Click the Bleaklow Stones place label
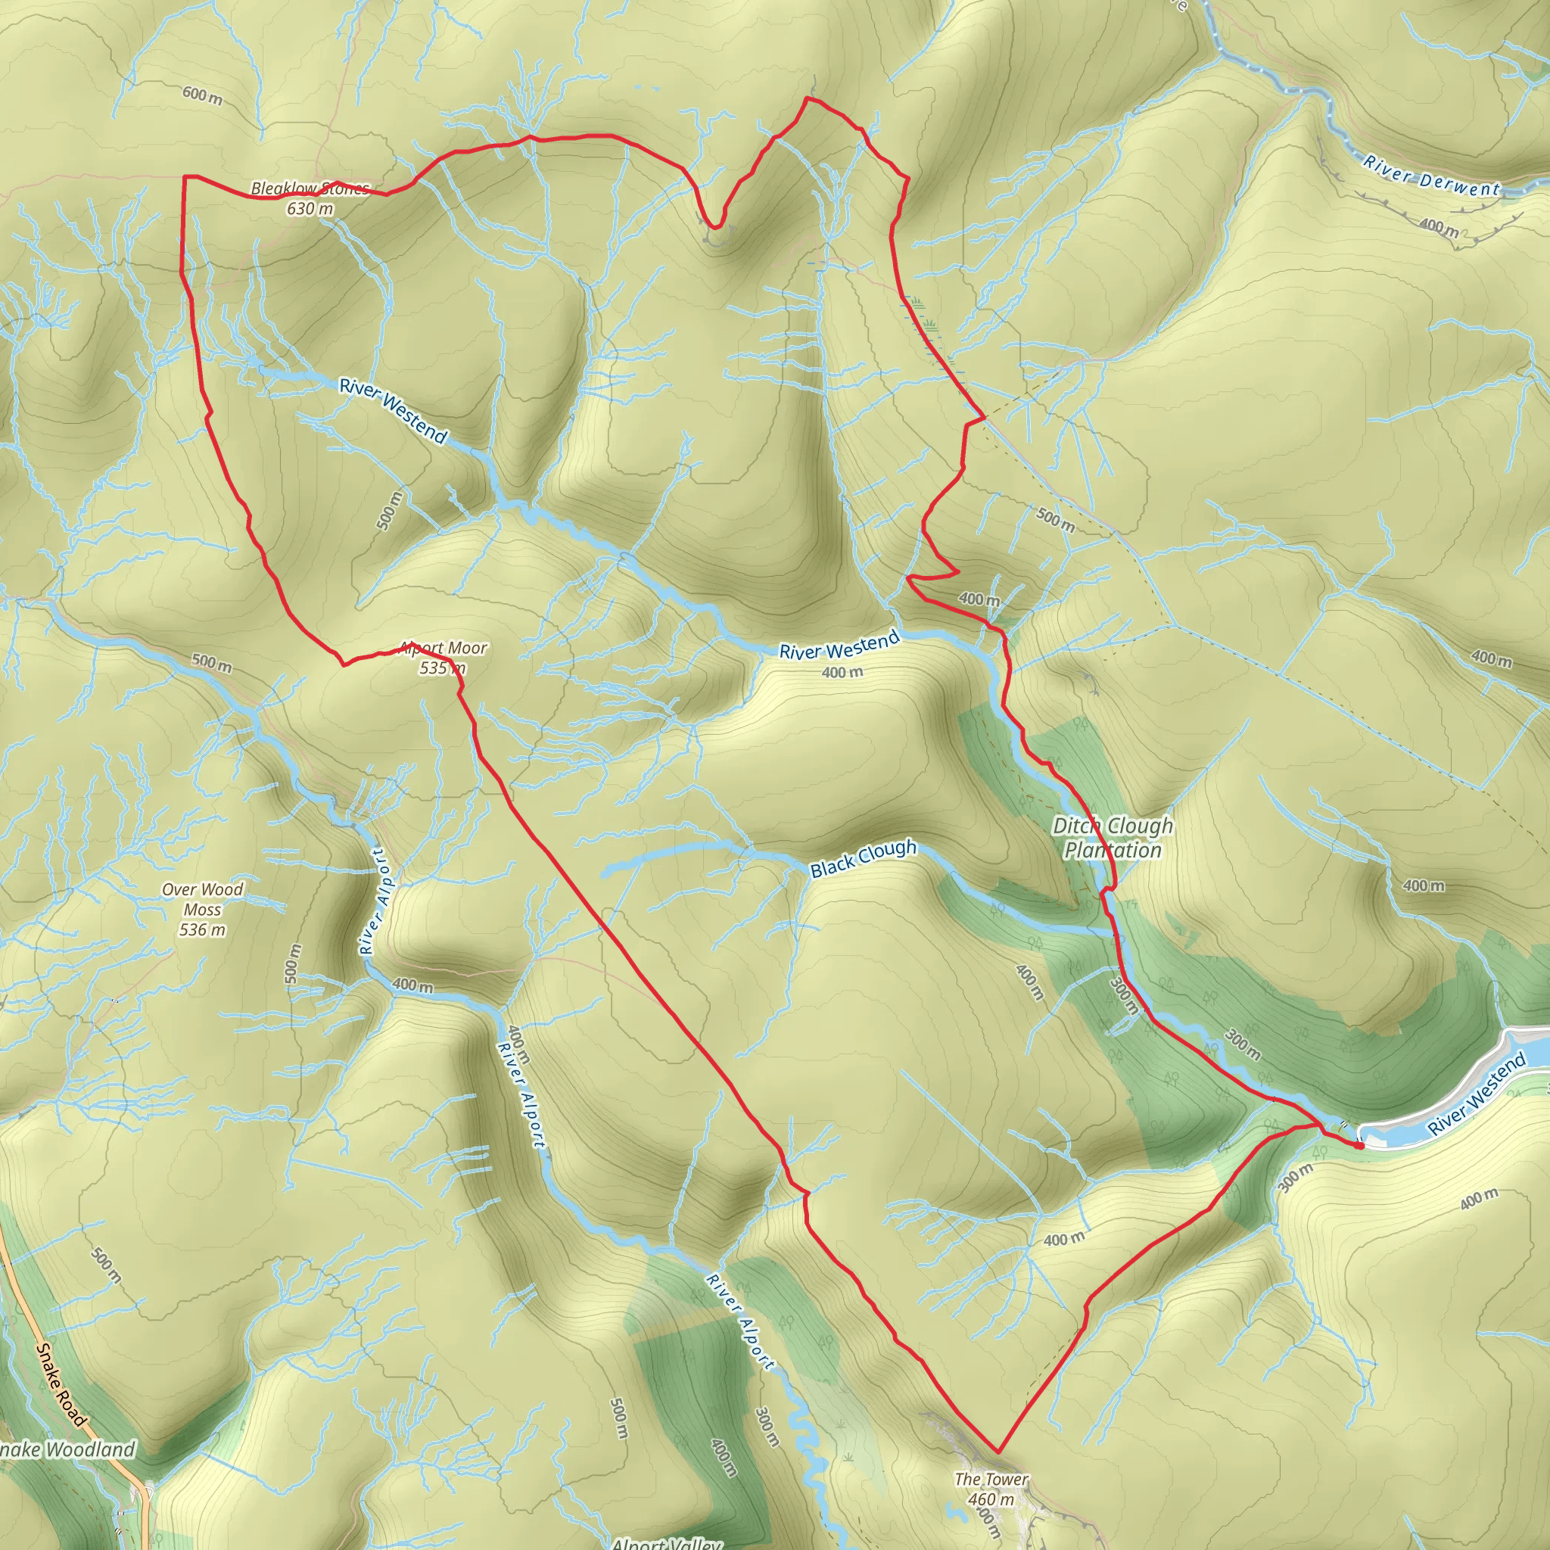tap(310, 188)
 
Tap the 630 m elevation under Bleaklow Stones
tap(310, 209)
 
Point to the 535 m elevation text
tap(442, 668)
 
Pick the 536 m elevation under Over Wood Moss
tap(202, 930)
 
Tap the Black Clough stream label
tap(863, 857)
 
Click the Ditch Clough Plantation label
tap(1112, 838)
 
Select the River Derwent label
tap(1431, 176)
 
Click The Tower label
tap(991, 1479)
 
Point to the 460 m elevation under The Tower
tap(991, 1499)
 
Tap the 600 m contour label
tap(202, 95)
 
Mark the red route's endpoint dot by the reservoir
tap(1360, 1147)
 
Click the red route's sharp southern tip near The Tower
tap(998, 1452)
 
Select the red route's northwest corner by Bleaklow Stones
tap(185, 176)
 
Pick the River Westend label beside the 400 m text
tap(839, 645)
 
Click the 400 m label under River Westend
tap(842, 672)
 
